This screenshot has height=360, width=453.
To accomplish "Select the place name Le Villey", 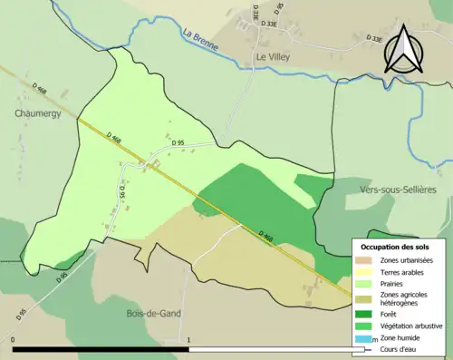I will point(273,56).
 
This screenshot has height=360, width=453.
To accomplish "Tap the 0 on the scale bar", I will point(13,341).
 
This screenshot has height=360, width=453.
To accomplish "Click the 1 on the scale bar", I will point(188,341).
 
